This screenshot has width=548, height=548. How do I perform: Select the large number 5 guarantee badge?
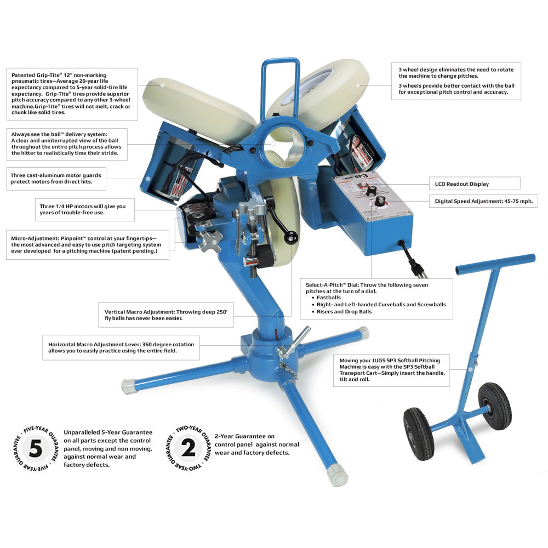pos(36,448)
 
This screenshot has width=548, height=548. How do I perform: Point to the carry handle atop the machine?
pos(281,82)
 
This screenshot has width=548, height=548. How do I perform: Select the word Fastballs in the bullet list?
pos(329,298)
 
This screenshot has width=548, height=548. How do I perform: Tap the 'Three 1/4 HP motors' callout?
pos(82,209)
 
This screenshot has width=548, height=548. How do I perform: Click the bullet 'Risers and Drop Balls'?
pos(344,311)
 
